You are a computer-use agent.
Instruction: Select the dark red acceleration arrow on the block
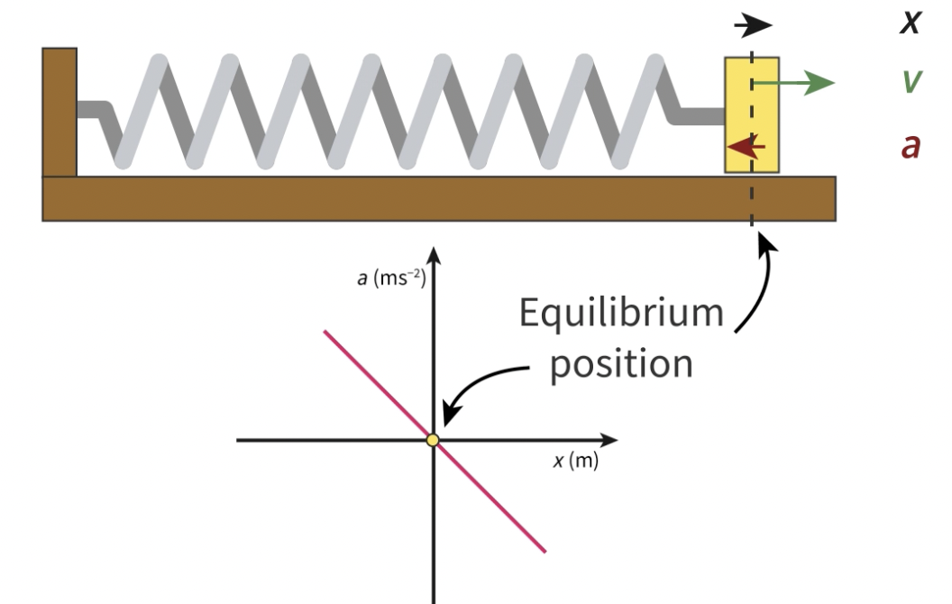point(746,145)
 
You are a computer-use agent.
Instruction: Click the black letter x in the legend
point(911,23)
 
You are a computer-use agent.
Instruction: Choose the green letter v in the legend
point(911,82)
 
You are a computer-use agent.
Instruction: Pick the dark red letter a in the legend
point(911,145)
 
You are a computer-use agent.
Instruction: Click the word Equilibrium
point(621,314)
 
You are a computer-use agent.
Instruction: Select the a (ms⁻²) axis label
point(390,278)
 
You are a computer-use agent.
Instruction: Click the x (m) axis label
point(575,462)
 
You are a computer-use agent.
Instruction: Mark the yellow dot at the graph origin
point(433,440)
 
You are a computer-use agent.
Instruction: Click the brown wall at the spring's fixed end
point(59,112)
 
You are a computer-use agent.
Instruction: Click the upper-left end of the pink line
point(326,332)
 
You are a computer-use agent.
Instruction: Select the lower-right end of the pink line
point(543,550)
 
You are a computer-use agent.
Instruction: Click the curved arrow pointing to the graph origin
point(487,379)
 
